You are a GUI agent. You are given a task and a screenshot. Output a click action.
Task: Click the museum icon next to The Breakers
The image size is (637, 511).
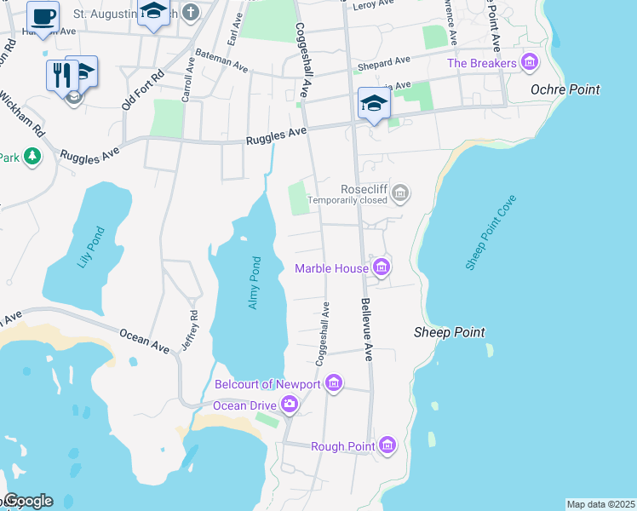(531, 63)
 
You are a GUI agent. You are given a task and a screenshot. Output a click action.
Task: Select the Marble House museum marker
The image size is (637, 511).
(381, 269)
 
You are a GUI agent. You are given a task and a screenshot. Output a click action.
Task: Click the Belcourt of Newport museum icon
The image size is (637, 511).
(334, 385)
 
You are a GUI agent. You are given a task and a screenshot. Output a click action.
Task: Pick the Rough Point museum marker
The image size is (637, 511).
(387, 445)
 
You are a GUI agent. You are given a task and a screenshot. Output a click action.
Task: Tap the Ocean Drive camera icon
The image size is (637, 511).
(290, 405)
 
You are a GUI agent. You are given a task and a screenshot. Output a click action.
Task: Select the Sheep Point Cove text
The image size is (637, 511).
(491, 233)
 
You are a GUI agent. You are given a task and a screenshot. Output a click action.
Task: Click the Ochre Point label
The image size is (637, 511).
(565, 89)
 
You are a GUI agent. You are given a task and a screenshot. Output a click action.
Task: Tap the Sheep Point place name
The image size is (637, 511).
(449, 332)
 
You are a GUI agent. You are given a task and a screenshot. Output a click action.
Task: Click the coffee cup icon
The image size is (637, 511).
(43, 16)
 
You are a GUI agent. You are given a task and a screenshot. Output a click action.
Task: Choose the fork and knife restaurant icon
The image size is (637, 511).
(60, 75)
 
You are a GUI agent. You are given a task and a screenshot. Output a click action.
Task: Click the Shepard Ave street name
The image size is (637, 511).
(384, 63)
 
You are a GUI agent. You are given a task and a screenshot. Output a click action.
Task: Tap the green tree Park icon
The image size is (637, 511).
(32, 156)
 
